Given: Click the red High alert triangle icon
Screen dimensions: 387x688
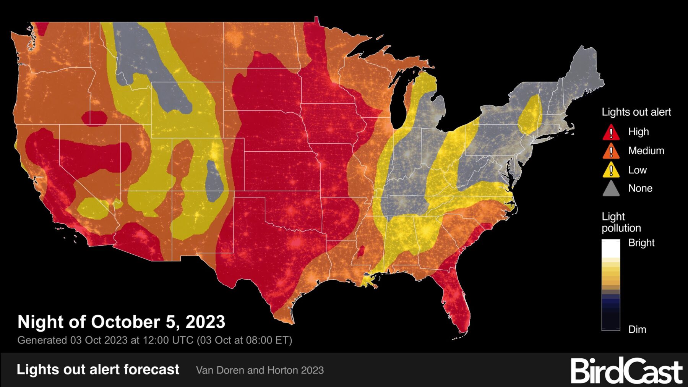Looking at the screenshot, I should click(611, 132).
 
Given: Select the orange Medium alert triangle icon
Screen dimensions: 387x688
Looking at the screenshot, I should click(611, 151).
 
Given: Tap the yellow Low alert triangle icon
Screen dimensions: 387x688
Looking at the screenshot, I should click(611, 170).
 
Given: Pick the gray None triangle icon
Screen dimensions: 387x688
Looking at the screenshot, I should click(611, 189).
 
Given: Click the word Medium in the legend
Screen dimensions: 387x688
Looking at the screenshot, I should click(646, 151).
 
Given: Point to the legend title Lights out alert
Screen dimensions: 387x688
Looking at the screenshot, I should click(636, 112).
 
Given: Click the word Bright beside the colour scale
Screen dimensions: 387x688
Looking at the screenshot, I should click(641, 243).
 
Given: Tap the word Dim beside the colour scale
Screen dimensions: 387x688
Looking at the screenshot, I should click(637, 329).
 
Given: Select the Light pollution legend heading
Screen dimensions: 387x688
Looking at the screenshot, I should click(621, 222).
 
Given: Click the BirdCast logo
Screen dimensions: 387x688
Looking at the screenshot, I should click(626, 371).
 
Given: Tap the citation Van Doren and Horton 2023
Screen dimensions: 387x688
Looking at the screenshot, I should click(260, 370).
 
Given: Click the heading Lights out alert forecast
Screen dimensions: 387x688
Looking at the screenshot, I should click(98, 369).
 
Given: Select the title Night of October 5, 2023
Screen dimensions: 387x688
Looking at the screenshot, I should click(121, 322).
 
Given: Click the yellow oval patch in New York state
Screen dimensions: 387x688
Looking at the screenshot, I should click(530, 115).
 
